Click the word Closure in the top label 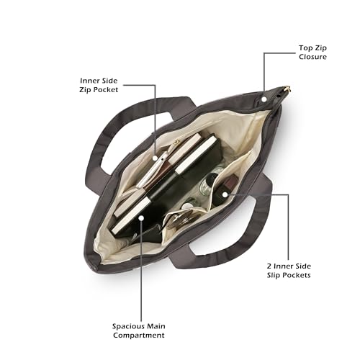pyautogui.click(x=312, y=57)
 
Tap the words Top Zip pyautogui.click(x=312, y=48)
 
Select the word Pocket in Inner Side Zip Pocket pyautogui.click(x=105, y=90)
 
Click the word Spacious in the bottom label pyautogui.click(x=125, y=326)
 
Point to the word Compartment pyautogui.click(x=139, y=336)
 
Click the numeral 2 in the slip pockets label pyautogui.click(x=269, y=266)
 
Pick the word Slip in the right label pyautogui.click(x=273, y=275)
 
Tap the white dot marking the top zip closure pyautogui.click(x=264, y=99)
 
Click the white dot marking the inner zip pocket pyautogui.click(x=156, y=158)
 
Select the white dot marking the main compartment pyautogui.click(x=142, y=218)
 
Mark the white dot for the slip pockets pyautogui.click(x=225, y=194)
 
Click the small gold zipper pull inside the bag pyautogui.click(x=176, y=142)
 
